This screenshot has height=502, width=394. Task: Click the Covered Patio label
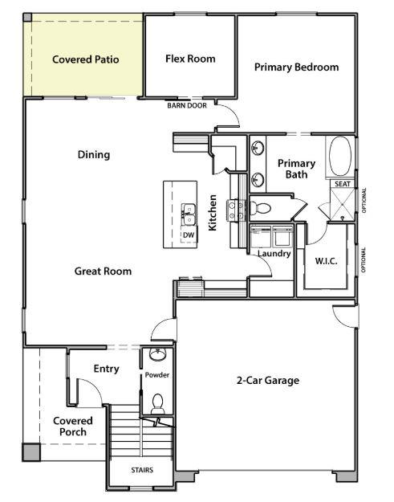click(x=86, y=59)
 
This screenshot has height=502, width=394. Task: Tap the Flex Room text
click(x=190, y=59)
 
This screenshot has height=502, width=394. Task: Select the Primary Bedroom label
click(x=296, y=67)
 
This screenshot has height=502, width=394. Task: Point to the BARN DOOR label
click(x=186, y=105)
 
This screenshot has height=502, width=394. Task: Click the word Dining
click(x=94, y=155)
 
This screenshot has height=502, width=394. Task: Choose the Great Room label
click(x=103, y=271)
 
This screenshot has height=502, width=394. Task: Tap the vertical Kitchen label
click(x=213, y=213)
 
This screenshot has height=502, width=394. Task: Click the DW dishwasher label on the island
click(x=189, y=235)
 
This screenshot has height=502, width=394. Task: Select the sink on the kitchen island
click(x=189, y=214)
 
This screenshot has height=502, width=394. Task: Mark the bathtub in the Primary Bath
click(x=341, y=157)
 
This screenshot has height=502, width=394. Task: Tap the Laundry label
click(x=273, y=254)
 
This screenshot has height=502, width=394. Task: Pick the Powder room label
click(x=156, y=375)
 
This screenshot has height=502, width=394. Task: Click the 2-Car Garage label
click(x=267, y=380)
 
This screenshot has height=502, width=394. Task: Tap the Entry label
click(x=106, y=369)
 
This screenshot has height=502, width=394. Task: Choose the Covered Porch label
click(x=73, y=426)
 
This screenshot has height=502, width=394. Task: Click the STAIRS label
click(x=141, y=470)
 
